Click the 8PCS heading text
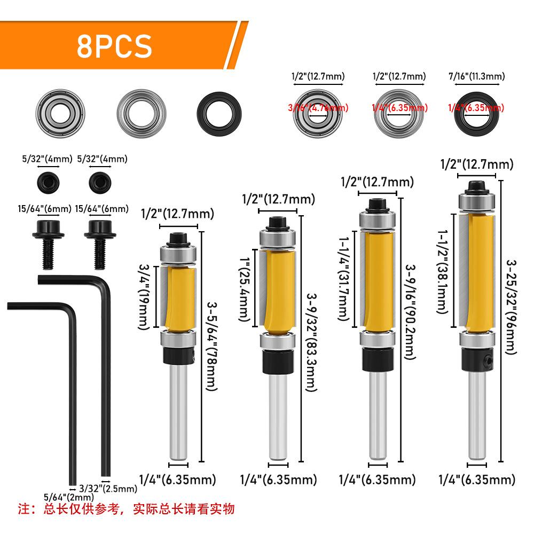[114, 46]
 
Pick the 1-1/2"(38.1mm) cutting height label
[443, 271]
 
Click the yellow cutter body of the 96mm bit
[479, 270]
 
